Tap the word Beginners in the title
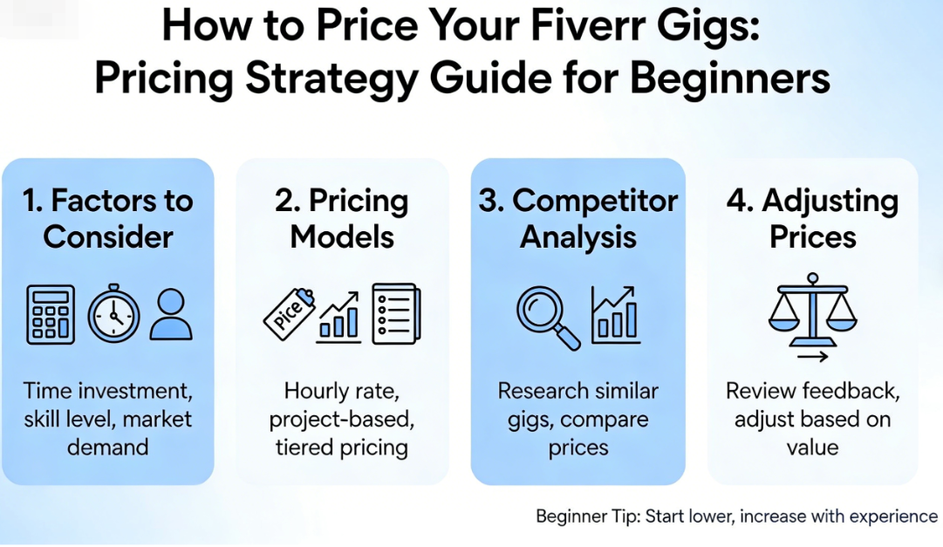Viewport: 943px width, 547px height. [729, 79]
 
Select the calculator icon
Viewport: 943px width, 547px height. [51, 315]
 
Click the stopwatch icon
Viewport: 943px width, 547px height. [113, 313]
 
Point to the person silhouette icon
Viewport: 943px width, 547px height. [171, 315]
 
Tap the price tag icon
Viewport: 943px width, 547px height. [290, 314]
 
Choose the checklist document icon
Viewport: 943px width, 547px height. [396, 313]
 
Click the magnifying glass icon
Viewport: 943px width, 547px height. [548, 318]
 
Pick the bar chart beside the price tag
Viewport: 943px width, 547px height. [338, 318]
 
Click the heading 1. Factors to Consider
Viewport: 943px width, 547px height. [108, 218]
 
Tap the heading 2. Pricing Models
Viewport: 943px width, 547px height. [342, 218]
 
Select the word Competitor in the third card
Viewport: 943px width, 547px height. [595, 201]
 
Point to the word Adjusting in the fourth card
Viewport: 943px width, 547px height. [830, 202]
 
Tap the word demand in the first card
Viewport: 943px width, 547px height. [107, 448]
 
